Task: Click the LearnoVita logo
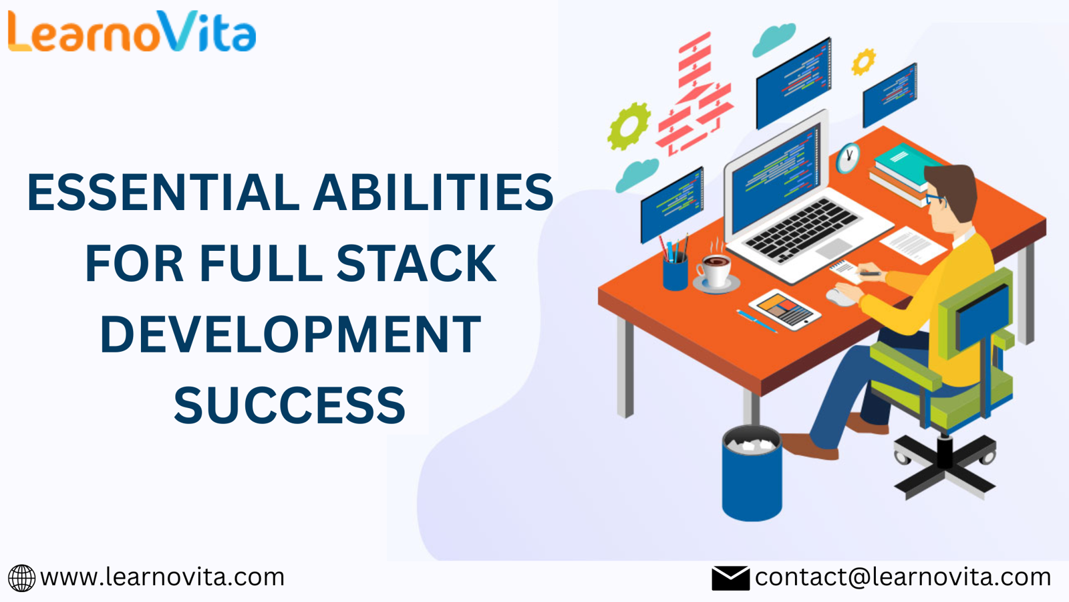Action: pyautogui.click(x=132, y=31)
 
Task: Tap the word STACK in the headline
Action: pyautogui.click(x=417, y=264)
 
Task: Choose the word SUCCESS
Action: pyautogui.click(x=290, y=405)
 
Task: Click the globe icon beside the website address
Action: pyautogui.click(x=21, y=578)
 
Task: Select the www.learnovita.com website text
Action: pyautogui.click(x=162, y=577)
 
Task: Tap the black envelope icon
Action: pyautogui.click(x=730, y=578)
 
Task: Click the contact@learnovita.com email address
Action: pyautogui.click(x=903, y=577)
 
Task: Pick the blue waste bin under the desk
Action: pyautogui.click(x=752, y=473)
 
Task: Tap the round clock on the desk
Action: pyautogui.click(x=848, y=158)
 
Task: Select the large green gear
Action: pyautogui.click(x=629, y=126)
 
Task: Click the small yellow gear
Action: pyautogui.click(x=863, y=62)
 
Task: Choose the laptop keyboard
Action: pyautogui.click(x=802, y=230)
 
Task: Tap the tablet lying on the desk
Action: pyautogui.click(x=784, y=310)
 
